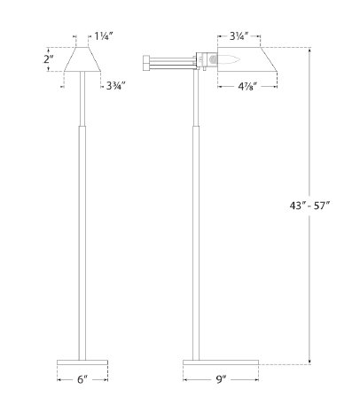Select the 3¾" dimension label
pyautogui.click(x=114, y=86)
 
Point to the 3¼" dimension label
pyautogui.click(x=239, y=39)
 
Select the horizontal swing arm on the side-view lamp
pyautogui.click(x=173, y=62)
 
